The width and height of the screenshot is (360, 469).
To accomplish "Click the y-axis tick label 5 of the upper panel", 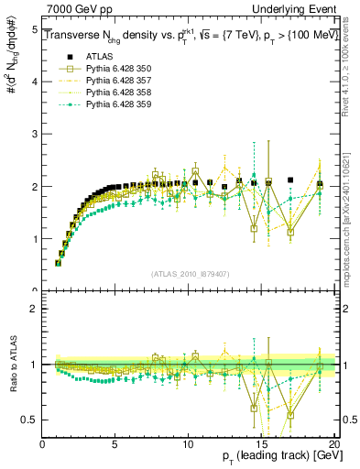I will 34,29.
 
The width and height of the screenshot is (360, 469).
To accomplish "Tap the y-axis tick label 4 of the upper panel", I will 34,82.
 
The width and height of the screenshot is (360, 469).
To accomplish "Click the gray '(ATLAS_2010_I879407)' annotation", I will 188,273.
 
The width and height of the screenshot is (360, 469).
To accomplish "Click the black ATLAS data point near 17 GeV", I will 290,180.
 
